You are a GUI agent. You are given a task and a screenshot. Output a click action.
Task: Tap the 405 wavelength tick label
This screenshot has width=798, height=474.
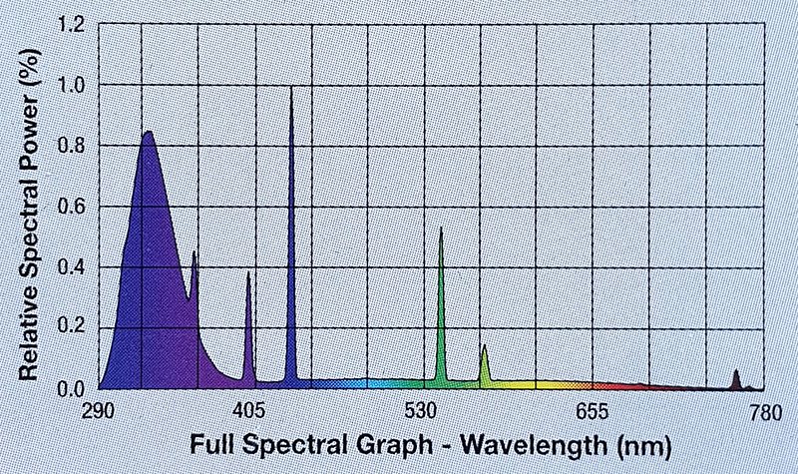point(249,411)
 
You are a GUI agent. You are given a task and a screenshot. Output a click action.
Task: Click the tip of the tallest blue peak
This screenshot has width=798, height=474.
point(291,89)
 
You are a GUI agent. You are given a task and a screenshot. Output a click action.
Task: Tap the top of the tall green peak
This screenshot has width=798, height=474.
point(440,229)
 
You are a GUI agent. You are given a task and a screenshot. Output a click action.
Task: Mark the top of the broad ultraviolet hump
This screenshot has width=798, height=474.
point(148,132)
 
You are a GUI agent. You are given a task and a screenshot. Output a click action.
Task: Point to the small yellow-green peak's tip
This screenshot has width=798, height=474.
point(484,346)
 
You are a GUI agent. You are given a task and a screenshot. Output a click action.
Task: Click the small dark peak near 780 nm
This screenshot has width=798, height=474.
point(736,371)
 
